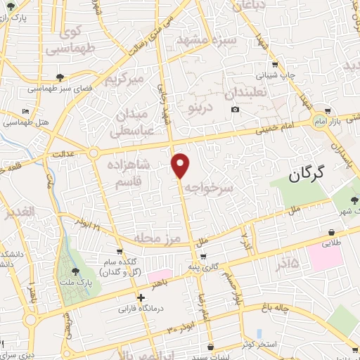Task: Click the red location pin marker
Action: pyautogui.click(x=181, y=165)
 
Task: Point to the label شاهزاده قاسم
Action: pyautogui.click(x=129, y=172)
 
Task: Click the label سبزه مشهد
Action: pyautogui.click(x=221, y=40)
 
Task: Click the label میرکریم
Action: pyautogui.click(x=124, y=79)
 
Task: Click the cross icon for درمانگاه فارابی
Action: pyautogui.click(x=141, y=297)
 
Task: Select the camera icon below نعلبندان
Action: pyautogui.click(x=235, y=109)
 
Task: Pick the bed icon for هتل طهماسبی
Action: pyautogui.click(x=25, y=112)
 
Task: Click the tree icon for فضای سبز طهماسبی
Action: pyautogui.click(x=60, y=77)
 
